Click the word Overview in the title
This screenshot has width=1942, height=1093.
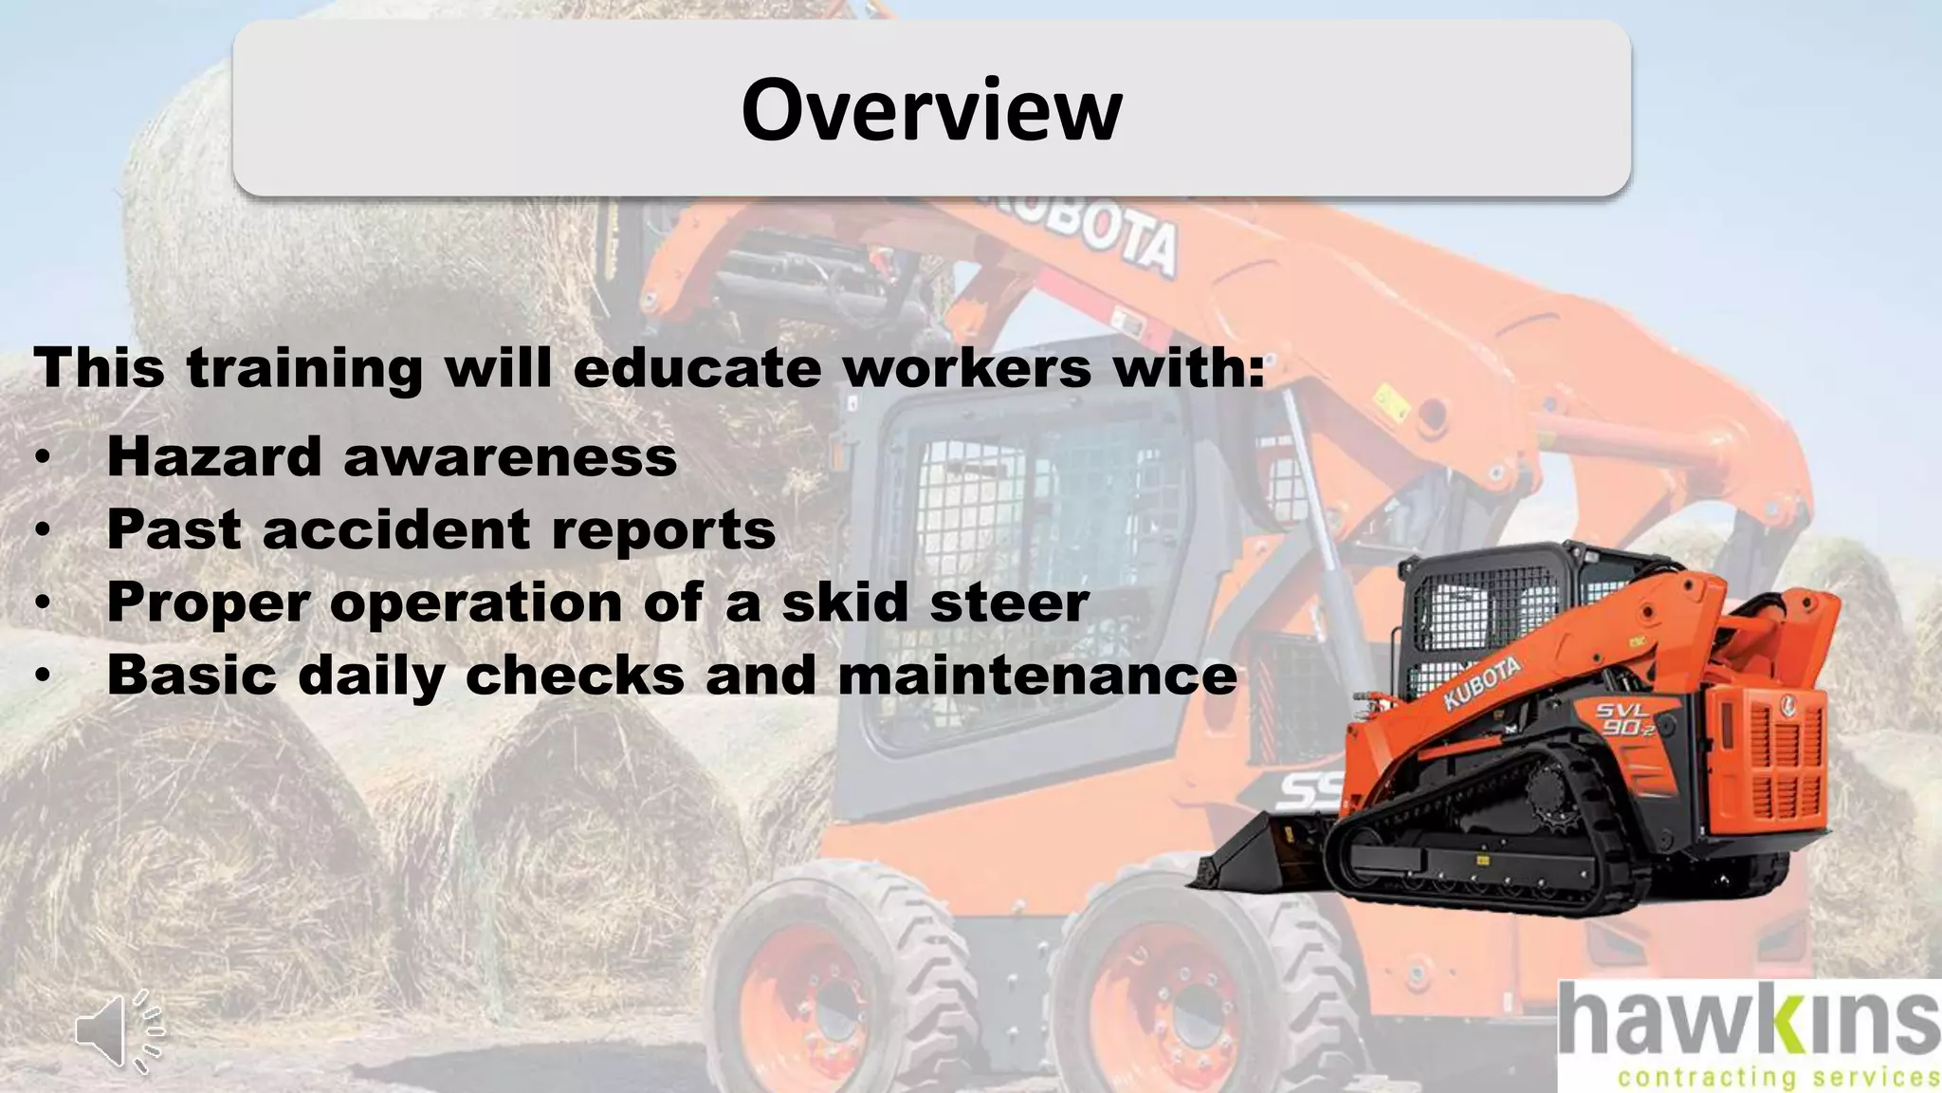(931, 110)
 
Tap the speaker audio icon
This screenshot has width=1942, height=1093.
(118, 1030)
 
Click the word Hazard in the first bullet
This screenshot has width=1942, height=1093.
(214, 456)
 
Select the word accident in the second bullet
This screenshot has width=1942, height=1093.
(395, 529)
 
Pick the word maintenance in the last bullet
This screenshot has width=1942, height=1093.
(1037, 676)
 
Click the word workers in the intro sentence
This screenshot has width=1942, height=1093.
(966, 368)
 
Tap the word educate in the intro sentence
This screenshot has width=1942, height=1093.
(697, 368)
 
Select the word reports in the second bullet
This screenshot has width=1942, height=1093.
(663, 531)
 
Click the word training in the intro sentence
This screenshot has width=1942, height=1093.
(304, 368)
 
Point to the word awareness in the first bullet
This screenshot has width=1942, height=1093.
(510, 456)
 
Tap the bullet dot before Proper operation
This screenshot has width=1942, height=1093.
(42, 603)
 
